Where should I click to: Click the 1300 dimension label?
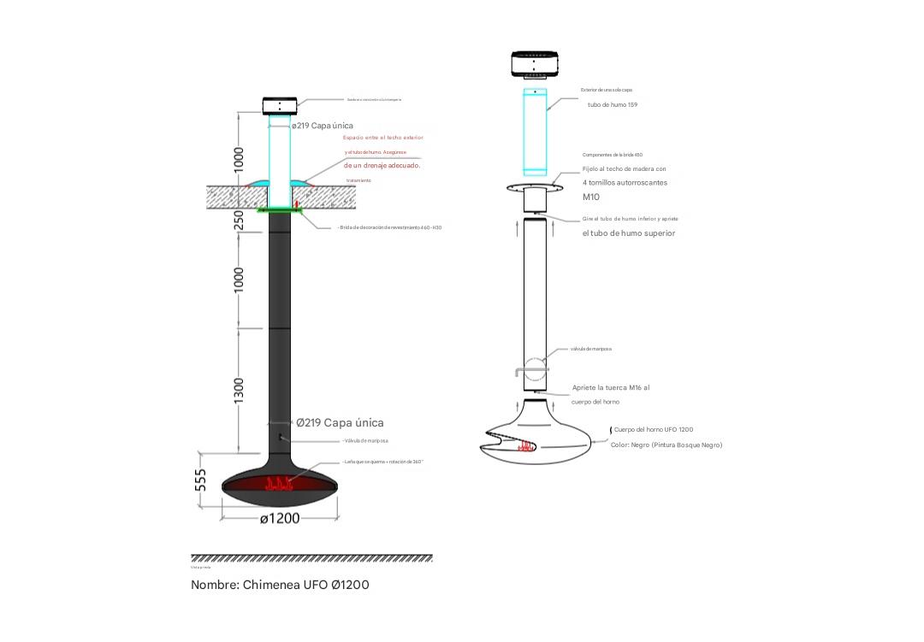click(240, 390)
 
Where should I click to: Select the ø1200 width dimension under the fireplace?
click(280, 518)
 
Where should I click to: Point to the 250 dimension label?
click(240, 221)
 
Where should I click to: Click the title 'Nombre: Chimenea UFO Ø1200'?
click(280, 585)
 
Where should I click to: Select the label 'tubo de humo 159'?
click(612, 105)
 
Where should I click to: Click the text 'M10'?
click(591, 197)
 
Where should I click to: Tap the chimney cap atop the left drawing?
click(280, 106)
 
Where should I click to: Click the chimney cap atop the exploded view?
click(535, 63)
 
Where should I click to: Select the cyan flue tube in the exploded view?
click(535, 133)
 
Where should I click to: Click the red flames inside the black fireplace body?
click(280, 485)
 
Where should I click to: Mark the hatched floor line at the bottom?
click(311, 558)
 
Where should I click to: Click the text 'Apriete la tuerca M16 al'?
click(611, 388)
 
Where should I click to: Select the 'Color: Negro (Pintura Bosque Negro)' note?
click(666, 445)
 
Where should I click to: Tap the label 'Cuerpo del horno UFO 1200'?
click(654, 430)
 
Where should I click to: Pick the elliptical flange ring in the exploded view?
click(535, 186)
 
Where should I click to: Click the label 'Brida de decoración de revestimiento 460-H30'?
click(390, 227)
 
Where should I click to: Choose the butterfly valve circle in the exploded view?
click(535, 368)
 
